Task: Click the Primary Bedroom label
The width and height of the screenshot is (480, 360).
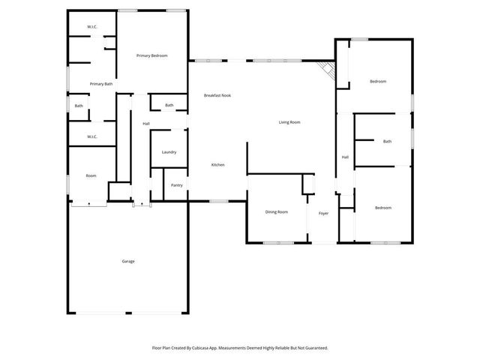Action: coord(151,56)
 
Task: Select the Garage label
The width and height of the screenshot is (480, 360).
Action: coord(128,261)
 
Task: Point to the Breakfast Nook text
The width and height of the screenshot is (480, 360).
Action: coord(217,95)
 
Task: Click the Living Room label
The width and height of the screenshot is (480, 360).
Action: coord(289,121)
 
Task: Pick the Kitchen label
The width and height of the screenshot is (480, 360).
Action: coord(217,165)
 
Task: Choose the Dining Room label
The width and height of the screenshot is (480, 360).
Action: coord(277,212)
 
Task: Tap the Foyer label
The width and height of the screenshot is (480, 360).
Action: coord(323,214)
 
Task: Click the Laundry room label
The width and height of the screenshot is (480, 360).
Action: coord(169,152)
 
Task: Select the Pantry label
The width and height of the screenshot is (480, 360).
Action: coord(177,185)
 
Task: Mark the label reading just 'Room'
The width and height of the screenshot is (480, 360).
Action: coord(91,175)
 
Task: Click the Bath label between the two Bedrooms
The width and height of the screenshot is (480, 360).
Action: coord(387,142)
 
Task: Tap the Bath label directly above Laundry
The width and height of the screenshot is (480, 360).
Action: coord(169,105)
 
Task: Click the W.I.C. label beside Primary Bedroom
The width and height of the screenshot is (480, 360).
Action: coord(91,27)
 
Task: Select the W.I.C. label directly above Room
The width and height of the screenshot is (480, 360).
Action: coord(91,136)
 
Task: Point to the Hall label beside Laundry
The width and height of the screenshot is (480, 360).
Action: coord(146,124)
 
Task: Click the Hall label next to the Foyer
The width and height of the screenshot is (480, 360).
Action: coord(345,157)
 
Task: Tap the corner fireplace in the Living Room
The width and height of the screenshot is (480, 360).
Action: coord(327,70)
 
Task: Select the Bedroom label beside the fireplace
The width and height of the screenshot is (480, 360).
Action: coord(378,81)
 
